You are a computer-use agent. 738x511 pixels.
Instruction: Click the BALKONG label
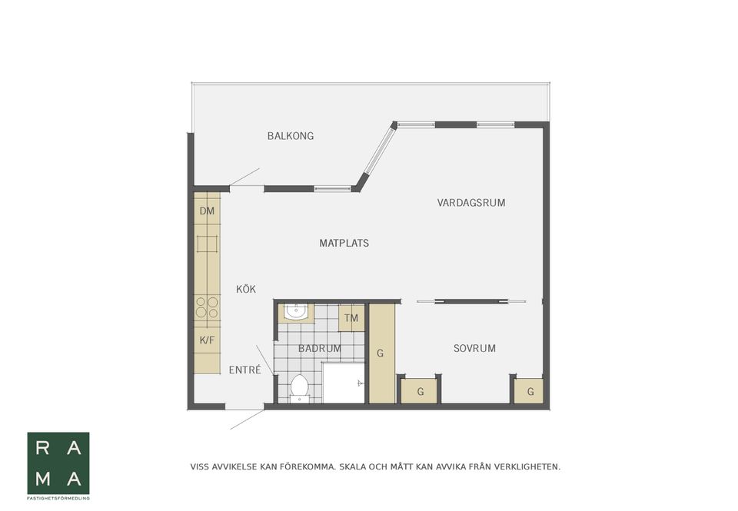pos(291,136)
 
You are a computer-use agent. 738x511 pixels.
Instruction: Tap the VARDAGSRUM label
pos(471,203)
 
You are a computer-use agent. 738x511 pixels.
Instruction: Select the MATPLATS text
pos(344,244)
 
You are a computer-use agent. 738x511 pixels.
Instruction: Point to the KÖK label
pos(246,289)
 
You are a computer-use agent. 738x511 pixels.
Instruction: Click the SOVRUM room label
pos(474,349)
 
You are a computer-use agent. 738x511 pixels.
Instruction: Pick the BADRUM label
pos(320,349)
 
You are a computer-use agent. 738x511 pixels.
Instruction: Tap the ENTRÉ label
pos(244,370)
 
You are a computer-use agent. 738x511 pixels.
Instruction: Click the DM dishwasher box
pos(207,211)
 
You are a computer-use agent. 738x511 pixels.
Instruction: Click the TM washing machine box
pos(351,318)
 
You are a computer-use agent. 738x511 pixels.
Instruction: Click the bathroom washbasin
pos(296,313)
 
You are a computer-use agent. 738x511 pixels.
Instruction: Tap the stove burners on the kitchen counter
pos(207,307)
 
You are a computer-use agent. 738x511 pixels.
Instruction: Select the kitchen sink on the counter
pos(208,244)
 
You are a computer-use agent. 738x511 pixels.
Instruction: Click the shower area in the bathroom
pos(344,383)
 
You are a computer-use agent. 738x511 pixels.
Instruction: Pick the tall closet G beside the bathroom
pos(381,353)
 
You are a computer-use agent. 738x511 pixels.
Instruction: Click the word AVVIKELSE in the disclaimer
pos(234,467)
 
